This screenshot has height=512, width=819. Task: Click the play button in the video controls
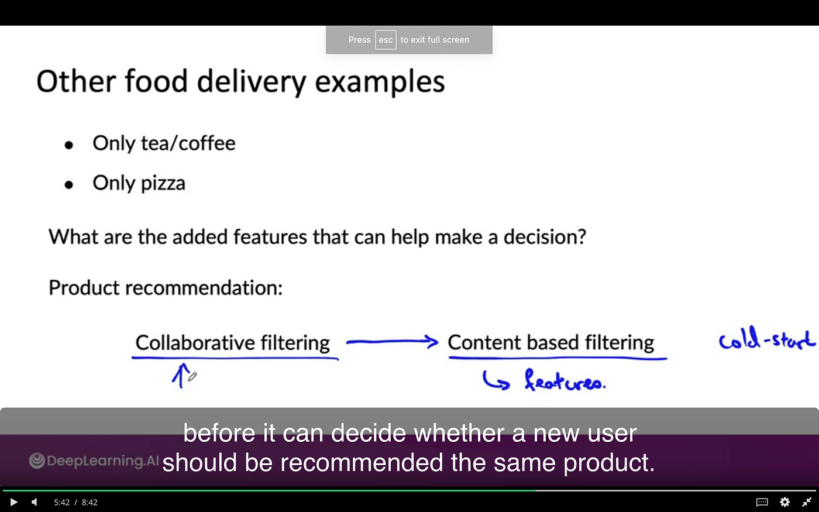click(x=13, y=502)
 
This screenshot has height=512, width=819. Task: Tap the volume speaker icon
click(x=34, y=502)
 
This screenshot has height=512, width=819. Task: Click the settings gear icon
click(x=784, y=502)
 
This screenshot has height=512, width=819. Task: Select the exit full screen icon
click(x=807, y=502)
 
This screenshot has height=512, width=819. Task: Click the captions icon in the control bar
click(x=762, y=502)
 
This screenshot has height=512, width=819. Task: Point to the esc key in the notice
click(x=386, y=40)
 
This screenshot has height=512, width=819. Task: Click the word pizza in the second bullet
click(x=163, y=184)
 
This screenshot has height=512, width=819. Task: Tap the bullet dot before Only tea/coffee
click(x=69, y=145)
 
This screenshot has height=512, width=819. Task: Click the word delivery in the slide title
click(x=252, y=82)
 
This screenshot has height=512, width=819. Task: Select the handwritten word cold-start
click(x=766, y=339)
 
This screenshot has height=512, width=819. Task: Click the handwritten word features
click(x=565, y=381)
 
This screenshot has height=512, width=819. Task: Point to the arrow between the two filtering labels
click(x=392, y=342)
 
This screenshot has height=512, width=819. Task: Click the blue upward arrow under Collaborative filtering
click(x=181, y=375)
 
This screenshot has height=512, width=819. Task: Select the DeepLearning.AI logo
click(x=94, y=461)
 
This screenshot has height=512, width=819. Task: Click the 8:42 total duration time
click(x=90, y=502)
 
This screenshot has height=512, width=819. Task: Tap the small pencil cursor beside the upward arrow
click(x=192, y=377)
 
